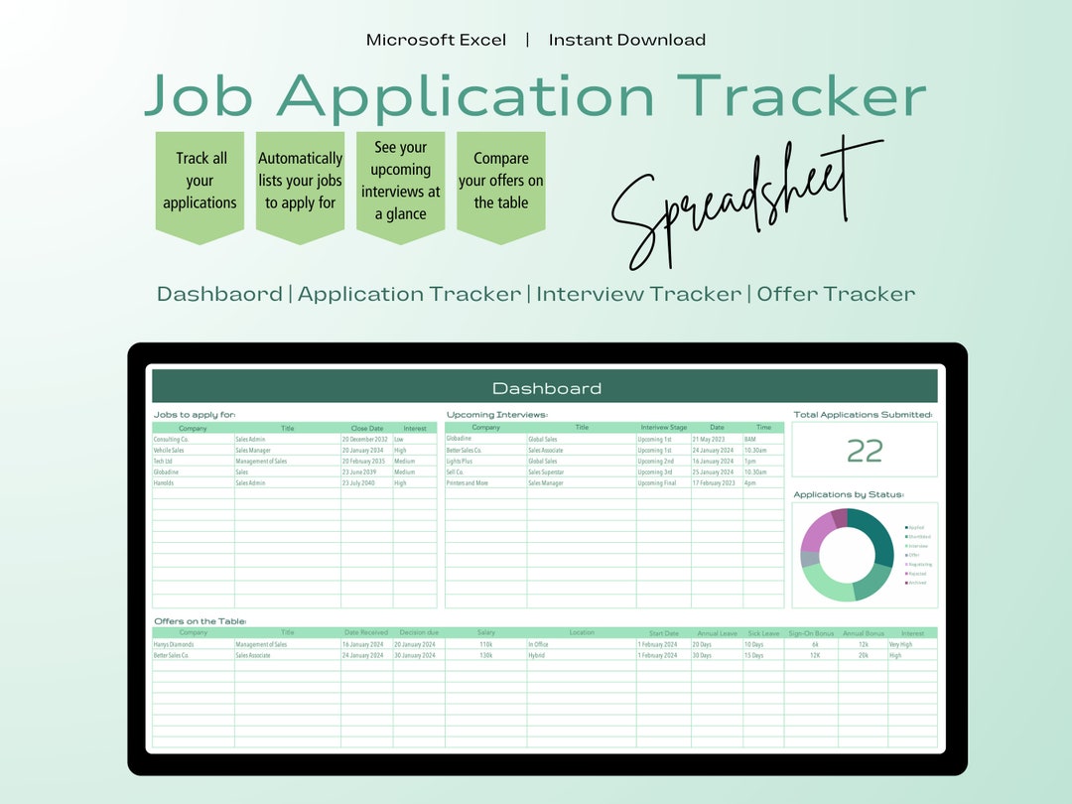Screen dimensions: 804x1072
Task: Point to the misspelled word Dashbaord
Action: point(219,294)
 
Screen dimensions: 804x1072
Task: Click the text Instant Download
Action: point(626,40)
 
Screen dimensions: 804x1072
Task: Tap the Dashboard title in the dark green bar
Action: point(546,388)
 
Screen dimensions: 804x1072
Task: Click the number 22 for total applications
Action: point(865,452)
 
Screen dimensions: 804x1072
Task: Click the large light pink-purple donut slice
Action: point(816,534)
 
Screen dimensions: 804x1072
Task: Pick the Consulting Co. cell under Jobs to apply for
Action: point(172,439)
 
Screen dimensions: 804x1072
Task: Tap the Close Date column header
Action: point(366,428)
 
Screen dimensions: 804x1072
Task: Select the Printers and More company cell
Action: point(468,483)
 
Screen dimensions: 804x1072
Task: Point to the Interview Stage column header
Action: point(663,428)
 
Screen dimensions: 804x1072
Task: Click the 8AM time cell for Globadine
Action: point(750,439)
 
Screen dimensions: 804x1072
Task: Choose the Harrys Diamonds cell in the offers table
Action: point(175,644)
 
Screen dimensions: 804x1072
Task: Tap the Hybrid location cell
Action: point(537,655)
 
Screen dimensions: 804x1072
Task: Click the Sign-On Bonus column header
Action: point(811,632)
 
